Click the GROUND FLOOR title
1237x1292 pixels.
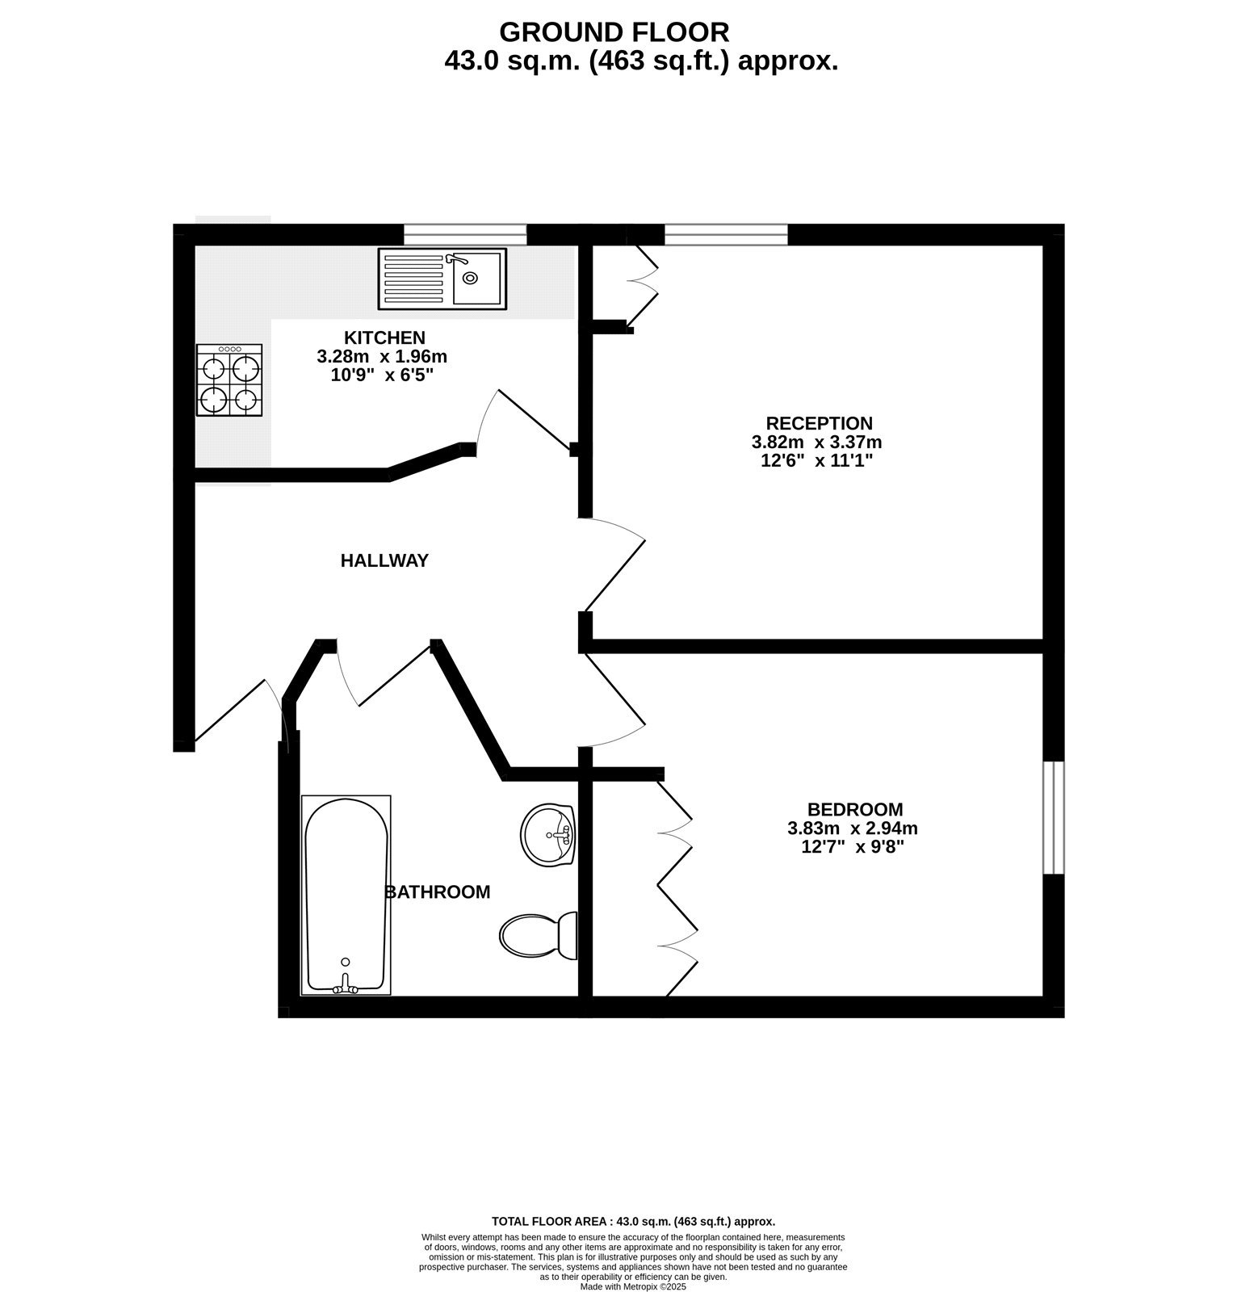click(614, 32)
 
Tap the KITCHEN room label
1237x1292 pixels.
click(384, 338)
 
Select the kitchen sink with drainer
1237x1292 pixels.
click(442, 279)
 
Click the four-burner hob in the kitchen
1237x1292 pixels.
click(229, 380)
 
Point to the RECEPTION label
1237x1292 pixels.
click(819, 423)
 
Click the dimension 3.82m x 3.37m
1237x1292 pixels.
click(816, 443)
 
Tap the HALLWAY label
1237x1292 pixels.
click(384, 560)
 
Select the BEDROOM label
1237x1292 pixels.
click(855, 809)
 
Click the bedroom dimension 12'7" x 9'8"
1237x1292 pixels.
click(852, 847)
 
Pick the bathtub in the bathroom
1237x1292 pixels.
click(346, 895)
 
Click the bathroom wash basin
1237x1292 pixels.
click(547, 834)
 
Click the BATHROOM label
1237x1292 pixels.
click(438, 892)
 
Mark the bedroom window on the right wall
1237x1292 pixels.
click(1054, 817)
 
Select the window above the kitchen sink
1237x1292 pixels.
click(465, 234)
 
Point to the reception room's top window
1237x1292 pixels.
click(726, 234)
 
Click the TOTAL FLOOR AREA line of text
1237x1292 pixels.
click(633, 1222)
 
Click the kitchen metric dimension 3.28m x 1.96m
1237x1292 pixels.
click(382, 356)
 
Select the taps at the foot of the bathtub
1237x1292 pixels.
click(346, 986)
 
